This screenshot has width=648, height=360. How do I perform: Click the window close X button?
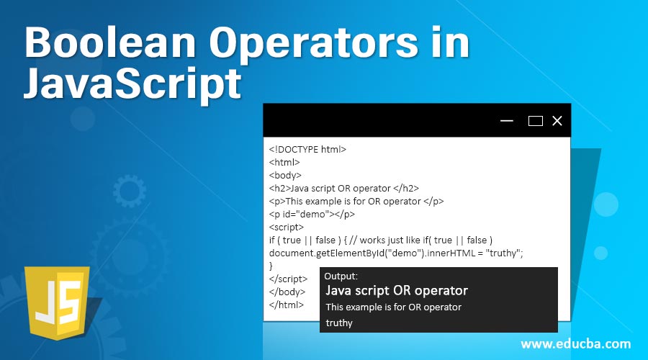pos(557,121)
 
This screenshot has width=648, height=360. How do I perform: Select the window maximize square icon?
pos(535,121)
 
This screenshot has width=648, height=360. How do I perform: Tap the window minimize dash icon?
pos(507,121)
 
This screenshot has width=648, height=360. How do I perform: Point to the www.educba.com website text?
pos(575,343)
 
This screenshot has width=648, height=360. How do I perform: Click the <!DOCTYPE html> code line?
pos(307,150)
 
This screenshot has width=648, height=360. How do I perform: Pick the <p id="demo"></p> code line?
pos(312,213)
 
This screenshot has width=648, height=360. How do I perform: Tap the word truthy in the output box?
pos(339,323)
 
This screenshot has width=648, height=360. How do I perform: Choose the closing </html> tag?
pos(286,305)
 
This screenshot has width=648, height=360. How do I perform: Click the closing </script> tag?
pos(288,279)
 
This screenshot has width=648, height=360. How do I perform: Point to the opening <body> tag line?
pos(285,175)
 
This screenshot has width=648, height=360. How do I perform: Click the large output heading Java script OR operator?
pos(397,291)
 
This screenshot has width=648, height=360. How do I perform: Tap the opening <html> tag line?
pos(284,163)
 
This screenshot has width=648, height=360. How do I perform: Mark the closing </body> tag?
pos(287,292)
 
